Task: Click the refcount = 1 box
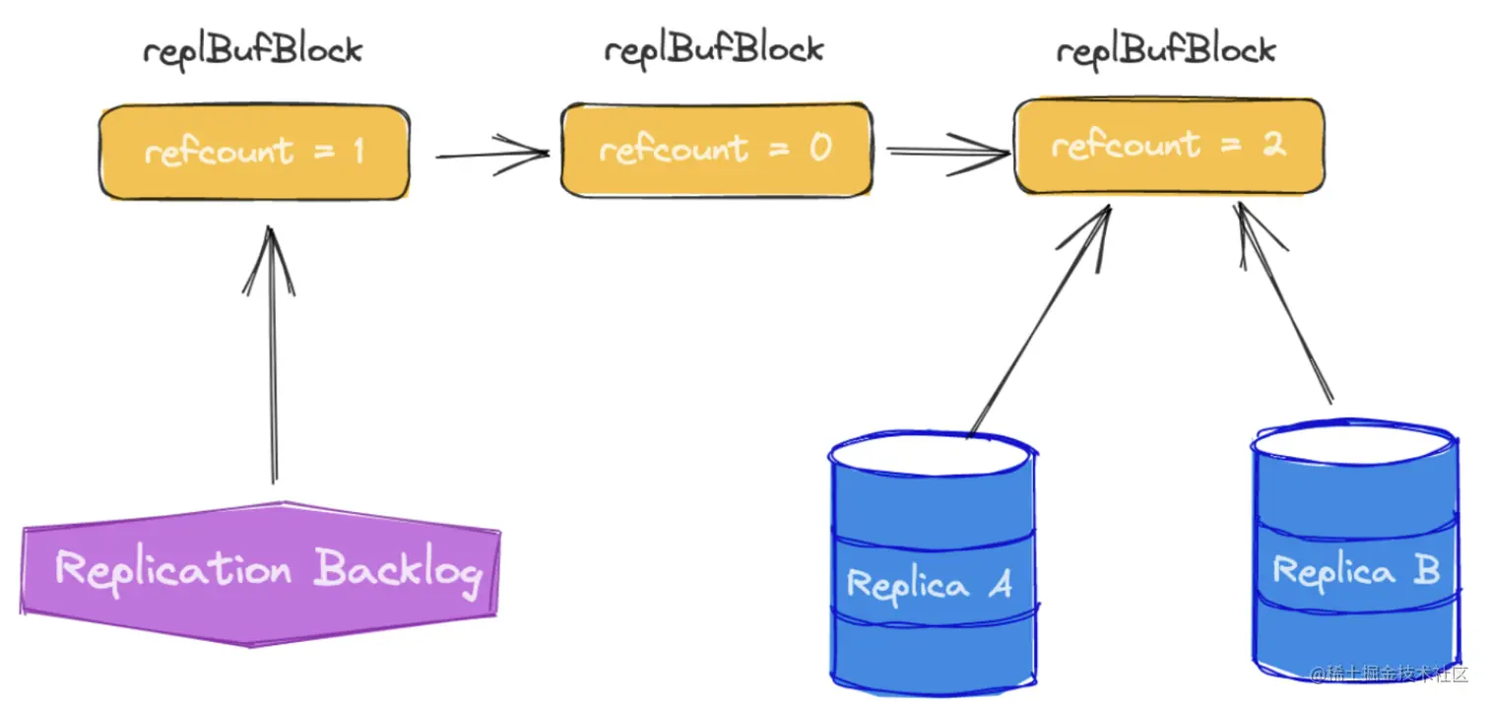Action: tap(254, 153)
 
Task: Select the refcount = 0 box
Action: tap(716, 150)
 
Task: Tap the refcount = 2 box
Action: tap(1168, 146)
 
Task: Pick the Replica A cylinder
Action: tap(932, 561)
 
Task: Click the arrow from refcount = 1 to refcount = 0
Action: tap(492, 154)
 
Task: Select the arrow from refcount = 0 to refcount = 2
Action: tap(947, 151)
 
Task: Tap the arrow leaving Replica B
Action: tap(1286, 305)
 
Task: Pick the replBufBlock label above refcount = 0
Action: tap(714, 48)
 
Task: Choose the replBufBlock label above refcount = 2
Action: tap(1167, 49)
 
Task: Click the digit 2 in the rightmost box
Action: tap(1273, 145)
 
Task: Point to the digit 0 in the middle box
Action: tap(820, 148)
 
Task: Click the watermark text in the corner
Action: tap(1389, 674)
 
